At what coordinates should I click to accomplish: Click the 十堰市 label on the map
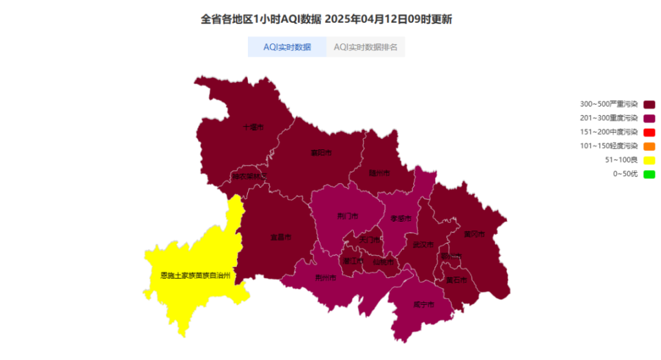pyautogui.click(x=253, y=127)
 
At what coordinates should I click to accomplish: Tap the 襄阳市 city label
pyautogui.click(x=321, y=153)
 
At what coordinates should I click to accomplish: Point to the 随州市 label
pyautogui.click(x=379, y=173)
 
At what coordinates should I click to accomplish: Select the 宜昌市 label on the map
pyautogui.click(x=280, y=237)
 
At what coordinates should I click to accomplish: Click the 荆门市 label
pyautogui.click(x=348, y=216)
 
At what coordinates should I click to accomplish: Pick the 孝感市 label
pyautogui.click(x=401, y=218)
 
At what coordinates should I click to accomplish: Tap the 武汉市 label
pyautogui.click(x=423, y=244)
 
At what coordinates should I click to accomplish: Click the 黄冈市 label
pyautogui.click(x=474, y=234)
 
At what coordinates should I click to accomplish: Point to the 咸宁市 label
pyautogui.click(x=423, y=304)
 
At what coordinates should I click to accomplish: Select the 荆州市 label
pyautogui.click(x=325, y=278)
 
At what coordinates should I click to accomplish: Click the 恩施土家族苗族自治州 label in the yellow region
pyautogui.click(x=195, y=275)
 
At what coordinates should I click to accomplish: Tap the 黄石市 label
pyautogui.click(x=457, y=280)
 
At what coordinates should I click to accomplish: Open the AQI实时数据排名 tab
pyautogui.click(x=366, y=47)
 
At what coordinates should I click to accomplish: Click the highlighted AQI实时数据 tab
pyautogui.click(x=287, y=47)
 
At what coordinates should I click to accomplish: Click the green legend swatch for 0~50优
pyautogui.click(x=649, y=174)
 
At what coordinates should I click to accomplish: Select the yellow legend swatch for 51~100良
pyautogui.click(x=649, y=160)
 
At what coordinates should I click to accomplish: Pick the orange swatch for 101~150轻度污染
pyautogui.click(x=649, y=146)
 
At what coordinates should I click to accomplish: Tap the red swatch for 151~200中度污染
pyautogui.click(x=649, y=132)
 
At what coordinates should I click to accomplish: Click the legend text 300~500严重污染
pyautogui.click(x=609, y=105)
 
